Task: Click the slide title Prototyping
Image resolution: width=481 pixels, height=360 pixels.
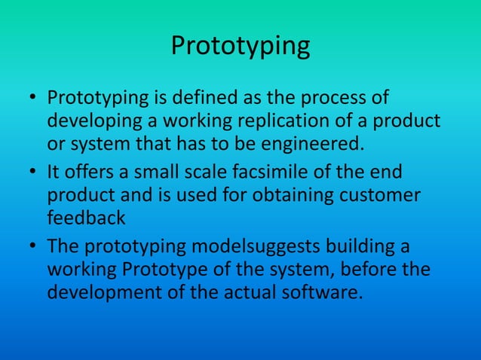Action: [240, 47]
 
